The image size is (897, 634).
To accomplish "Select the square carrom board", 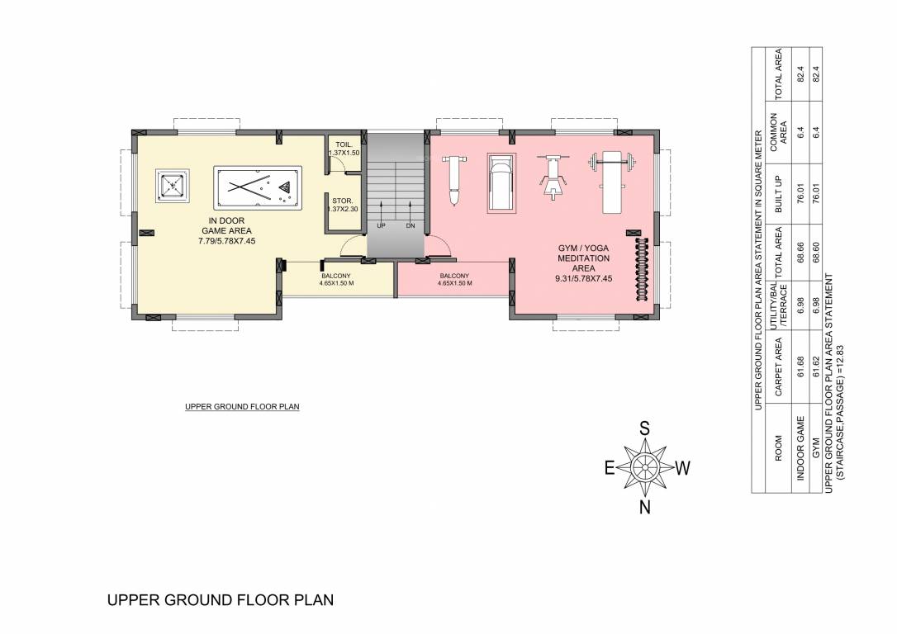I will pos(172,188).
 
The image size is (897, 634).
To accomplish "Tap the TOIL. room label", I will pos(344,144).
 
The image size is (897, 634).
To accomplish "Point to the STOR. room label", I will pos(344,201).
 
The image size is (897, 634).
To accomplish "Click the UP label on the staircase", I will pos(381,225).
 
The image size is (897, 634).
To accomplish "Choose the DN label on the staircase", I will pos(411,225).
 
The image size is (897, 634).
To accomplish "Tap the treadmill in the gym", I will pos(501,182).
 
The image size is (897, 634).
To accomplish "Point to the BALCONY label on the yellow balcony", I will pos(336,276).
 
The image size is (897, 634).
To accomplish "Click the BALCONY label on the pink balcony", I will pos(455,276).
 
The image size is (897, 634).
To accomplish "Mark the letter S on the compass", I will pos(645,428).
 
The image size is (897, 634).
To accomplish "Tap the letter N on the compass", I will pos(645,507).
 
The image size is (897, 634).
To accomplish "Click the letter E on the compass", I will pos(610,468).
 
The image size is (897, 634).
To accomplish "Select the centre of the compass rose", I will pos(645,467).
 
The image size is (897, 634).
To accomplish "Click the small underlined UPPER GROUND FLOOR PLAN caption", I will pos(242,407).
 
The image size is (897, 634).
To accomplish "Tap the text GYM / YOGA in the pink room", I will pos(583,248).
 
